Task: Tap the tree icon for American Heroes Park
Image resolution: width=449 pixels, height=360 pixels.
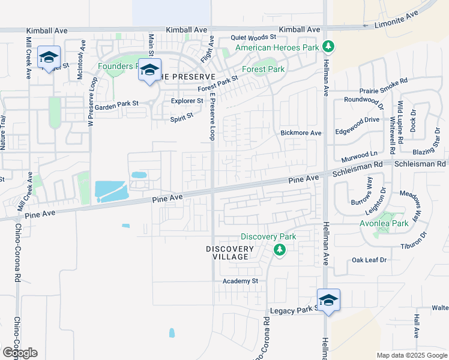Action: pyautogui.click(x=328, y=46)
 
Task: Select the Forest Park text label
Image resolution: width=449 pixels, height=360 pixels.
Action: pyautogui.click(x=263, y=69)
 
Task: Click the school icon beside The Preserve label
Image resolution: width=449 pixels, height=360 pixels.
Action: pyautogui.click(x=149, y=70)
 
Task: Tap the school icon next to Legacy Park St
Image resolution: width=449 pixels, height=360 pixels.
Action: pyautogui.click(x=328, y=299)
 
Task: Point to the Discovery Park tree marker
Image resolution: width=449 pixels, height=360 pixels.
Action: pyautogui.click(x=279, y=249)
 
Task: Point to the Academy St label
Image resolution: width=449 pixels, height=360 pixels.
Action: pyautogui.click(x=240, y=281)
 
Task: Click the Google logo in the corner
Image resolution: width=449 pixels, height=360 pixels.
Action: pyautogui.click(x=20, y=352)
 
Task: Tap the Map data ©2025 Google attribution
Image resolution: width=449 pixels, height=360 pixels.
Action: pyautogui.click(x=411, y=355)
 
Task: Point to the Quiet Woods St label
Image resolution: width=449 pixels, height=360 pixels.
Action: pyautogui.click(x=252, y=37)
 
